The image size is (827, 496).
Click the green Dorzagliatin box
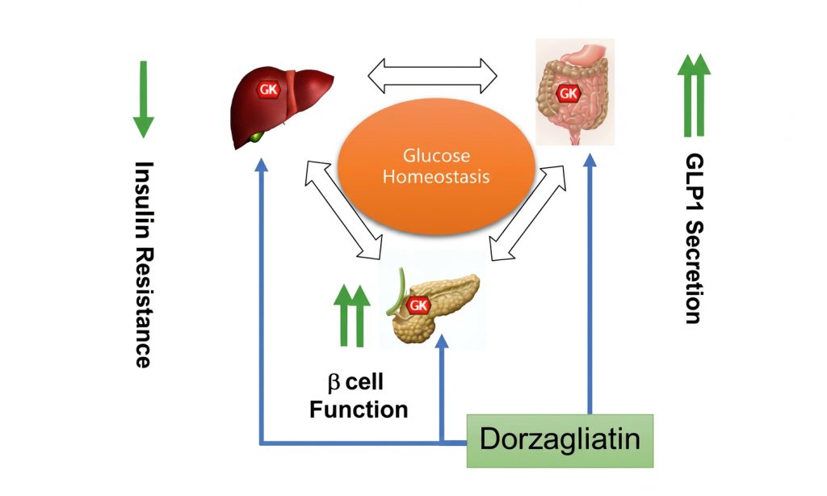coord(560,441)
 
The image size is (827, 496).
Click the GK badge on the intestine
coord(569,93)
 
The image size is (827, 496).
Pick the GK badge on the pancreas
coord(418,305)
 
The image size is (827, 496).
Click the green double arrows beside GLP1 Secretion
coord(694,95)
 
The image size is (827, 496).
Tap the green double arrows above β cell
coord(351,315)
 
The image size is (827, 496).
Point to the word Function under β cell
coord(359,409)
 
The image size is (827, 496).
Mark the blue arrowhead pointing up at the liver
coord(261,165)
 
